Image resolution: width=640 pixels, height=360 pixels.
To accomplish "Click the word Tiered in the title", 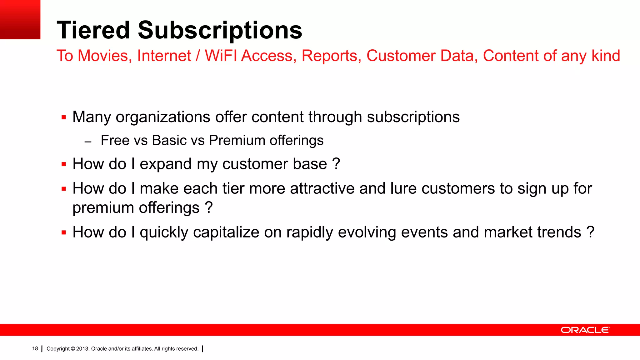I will tap(93, 30).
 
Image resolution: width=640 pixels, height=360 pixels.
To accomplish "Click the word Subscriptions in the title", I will tap(220, 30).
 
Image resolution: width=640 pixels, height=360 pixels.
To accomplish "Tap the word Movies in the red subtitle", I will tap(103, 56).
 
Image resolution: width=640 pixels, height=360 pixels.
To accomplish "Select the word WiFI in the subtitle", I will tap(222, 56).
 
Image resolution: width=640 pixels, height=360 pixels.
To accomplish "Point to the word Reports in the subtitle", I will tap(329, 56).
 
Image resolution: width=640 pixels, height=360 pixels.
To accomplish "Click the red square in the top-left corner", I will tap(20, 19).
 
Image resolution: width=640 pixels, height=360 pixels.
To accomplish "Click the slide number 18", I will tap(35, 349).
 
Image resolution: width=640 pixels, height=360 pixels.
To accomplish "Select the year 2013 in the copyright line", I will tap(82, 349).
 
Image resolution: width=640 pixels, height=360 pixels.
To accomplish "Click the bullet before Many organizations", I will tap(64, 118).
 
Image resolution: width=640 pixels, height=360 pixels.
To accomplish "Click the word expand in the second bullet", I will tap(166, 164).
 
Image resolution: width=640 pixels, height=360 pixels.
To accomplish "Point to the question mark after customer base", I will tap(336, 164).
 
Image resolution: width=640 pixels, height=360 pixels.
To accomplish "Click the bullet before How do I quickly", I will tap(64, 233).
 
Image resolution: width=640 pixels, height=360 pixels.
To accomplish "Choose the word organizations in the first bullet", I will tap(163, 117).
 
